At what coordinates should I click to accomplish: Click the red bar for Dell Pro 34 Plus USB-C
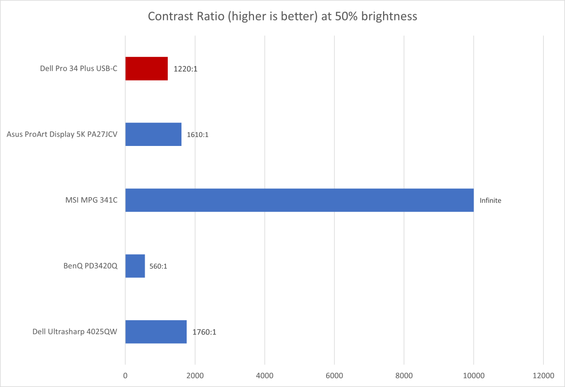146,69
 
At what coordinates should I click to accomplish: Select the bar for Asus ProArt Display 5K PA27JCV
153,135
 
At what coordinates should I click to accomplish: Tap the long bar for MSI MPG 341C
299,200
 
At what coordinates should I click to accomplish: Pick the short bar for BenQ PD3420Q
135,266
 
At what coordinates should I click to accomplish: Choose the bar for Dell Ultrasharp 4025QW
156,332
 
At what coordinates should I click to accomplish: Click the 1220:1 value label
185,69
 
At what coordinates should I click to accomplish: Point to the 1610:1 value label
198,135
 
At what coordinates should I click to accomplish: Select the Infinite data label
491,201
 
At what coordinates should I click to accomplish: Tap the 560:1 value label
158,266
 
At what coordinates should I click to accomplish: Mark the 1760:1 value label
204,332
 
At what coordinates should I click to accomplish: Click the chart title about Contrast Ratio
282,16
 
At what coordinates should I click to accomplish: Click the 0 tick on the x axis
125,375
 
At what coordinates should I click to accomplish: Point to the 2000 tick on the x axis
195,375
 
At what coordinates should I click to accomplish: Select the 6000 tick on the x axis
334,375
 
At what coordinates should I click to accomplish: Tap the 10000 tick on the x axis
474,375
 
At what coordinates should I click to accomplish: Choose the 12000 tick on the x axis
543,375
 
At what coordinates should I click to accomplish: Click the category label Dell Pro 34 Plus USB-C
79,69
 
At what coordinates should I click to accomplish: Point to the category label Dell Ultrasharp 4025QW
74,332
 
